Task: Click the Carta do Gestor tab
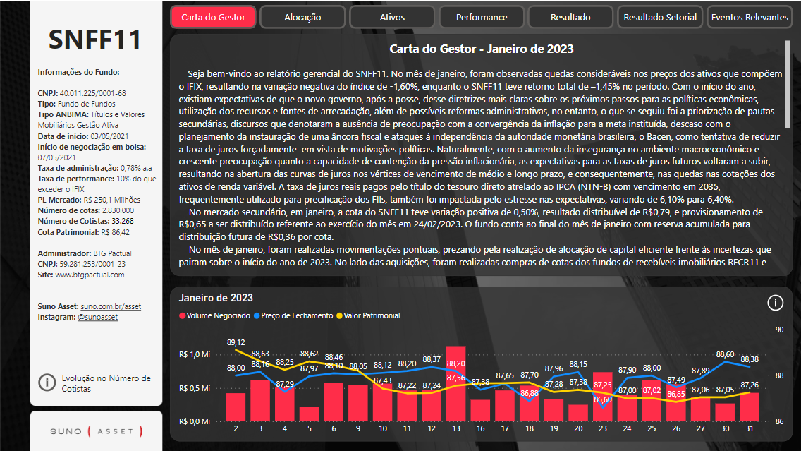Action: [213, 17]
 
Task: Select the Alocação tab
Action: [302, 17]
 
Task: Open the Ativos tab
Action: [392, 17]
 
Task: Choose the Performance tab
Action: [482, 17]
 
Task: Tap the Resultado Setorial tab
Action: [661, 17]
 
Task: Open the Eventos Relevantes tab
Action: [750, 17]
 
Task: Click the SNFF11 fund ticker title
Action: [95, 40]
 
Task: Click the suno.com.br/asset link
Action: [111, 307]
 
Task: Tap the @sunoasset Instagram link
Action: [97, 318]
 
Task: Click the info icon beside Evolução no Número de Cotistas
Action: [47, 383]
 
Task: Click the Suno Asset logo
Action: [96, 431]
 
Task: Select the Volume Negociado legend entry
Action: [214, 316]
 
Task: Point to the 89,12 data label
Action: [236, 342]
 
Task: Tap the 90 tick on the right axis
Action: [779, 330]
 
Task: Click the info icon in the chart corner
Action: [775, 303]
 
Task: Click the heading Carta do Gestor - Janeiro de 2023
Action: [482, 49]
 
